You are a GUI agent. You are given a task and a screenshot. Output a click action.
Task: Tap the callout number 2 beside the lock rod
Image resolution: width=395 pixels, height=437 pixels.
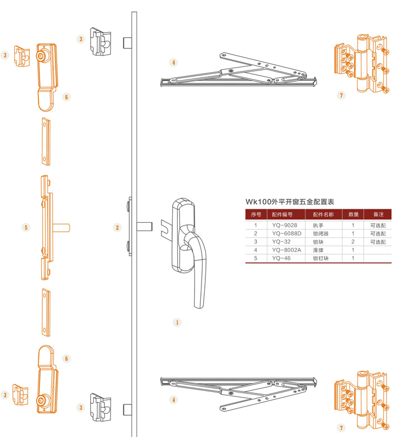(117, 228)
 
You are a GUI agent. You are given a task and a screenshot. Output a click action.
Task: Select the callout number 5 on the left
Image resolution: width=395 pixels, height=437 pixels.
(26, 228)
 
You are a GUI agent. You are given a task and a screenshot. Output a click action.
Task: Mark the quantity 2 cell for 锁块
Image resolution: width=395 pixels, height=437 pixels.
(353, 241)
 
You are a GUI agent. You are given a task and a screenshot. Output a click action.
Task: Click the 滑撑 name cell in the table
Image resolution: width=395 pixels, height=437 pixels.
(319, 250)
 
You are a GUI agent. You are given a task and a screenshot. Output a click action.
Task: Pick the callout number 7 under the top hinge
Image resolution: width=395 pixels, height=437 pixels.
(341, 95)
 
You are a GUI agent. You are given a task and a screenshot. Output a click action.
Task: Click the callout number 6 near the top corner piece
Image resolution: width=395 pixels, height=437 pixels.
(66, 97)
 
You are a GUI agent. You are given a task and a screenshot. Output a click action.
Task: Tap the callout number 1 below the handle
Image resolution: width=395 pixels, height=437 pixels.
(177, 323)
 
